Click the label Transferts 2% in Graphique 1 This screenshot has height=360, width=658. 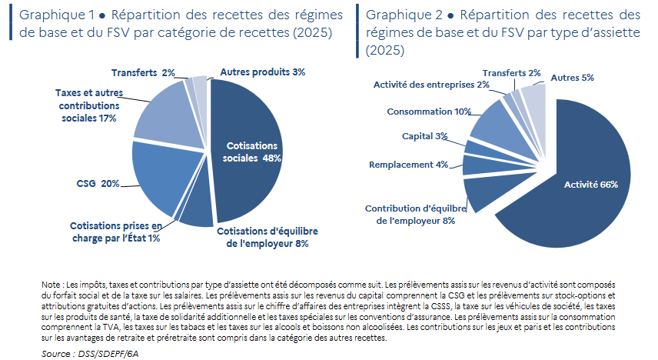(x=143, y=72)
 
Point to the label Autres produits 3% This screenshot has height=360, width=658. (x=263, y=72)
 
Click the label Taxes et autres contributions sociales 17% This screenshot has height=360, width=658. (x=89, y=105)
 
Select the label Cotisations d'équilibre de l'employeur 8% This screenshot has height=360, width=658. (x=268, y=238)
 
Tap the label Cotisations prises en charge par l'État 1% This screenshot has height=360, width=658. (x=116, y=232)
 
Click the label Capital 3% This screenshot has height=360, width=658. (x=424, y=136)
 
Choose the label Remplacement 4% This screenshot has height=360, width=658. (x=408, y=165)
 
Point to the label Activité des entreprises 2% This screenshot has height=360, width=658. (x=431, y=85)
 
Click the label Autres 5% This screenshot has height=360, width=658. (x=573, y=78)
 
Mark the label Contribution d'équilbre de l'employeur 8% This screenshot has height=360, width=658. (x=415, y=215)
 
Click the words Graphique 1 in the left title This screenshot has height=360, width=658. (x=57, y=15)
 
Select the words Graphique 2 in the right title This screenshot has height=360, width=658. (x=404, y=15)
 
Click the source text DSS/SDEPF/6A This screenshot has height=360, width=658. (x=108, y=354)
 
